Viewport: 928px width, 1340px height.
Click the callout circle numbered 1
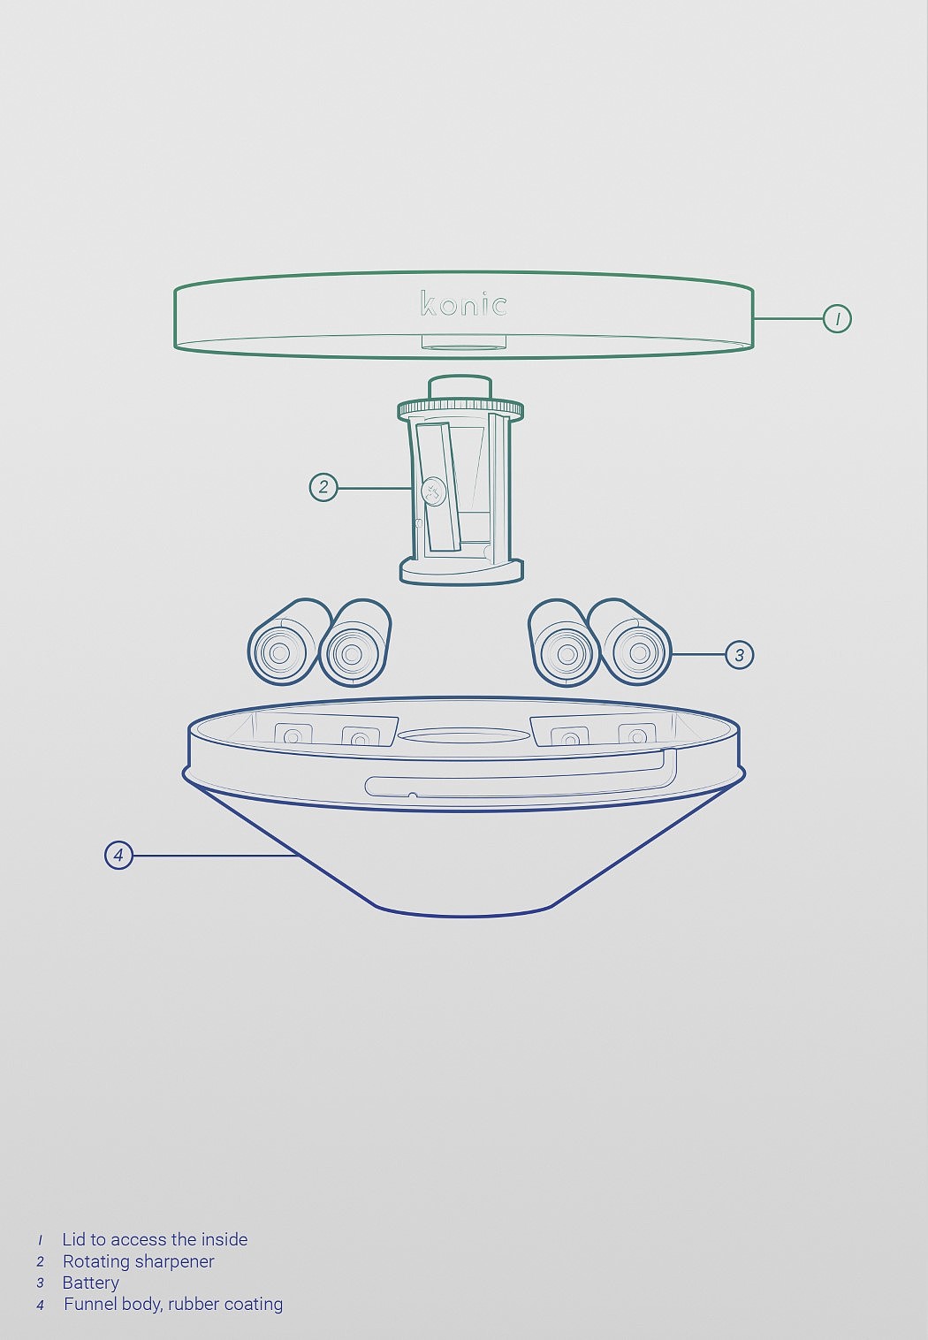click(x=836, y=319)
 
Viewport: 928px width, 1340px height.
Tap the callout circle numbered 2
click(x=323, y=487)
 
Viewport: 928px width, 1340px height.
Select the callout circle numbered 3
click(x=739, y=654)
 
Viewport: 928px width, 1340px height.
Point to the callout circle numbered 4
click(x=118, y=856)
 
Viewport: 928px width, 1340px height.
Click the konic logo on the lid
click(x=464, y=303)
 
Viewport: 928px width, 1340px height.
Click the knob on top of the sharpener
click(x=460, y=387)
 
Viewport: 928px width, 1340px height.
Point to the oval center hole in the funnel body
click(x=463, y=735)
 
